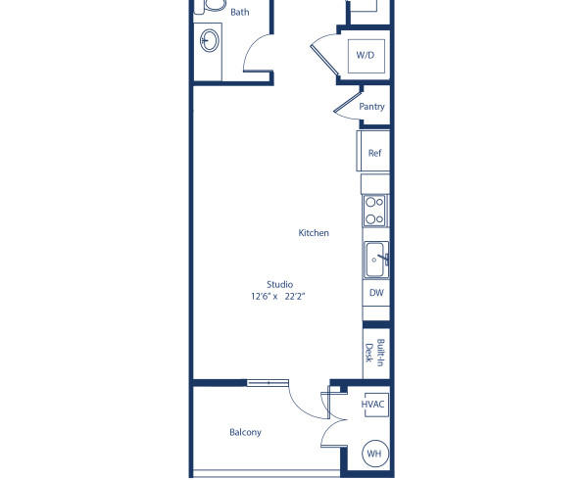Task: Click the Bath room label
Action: [239, 13]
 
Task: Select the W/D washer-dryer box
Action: [365, 56]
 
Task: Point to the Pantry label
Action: [371, 107]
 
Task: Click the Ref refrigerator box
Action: [373, 153]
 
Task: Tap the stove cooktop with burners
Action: [373, 211]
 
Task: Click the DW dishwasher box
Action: [375, 292]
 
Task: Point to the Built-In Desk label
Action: [374, 352]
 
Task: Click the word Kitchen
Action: [314, 233]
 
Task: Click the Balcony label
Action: [245, 432]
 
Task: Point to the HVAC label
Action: [372, 404]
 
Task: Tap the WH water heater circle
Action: [373, 453]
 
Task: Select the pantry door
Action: [346, 101]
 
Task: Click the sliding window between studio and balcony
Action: [267, 382]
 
